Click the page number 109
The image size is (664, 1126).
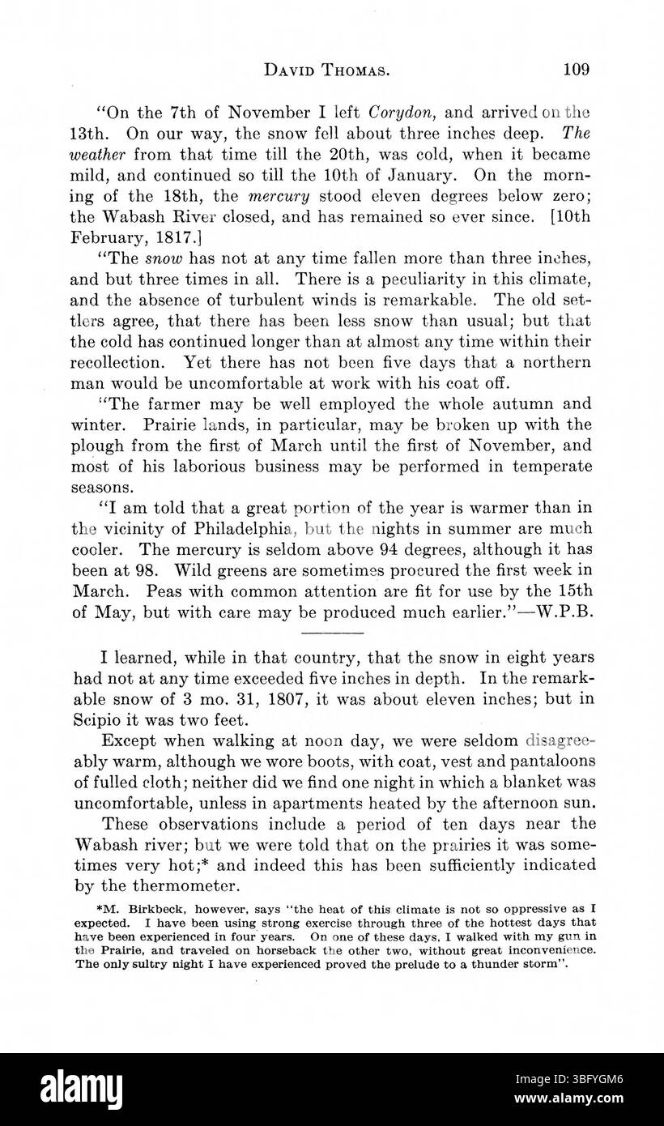click(x=576, y=69)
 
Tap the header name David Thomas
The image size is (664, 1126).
click(x=329, y=70)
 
